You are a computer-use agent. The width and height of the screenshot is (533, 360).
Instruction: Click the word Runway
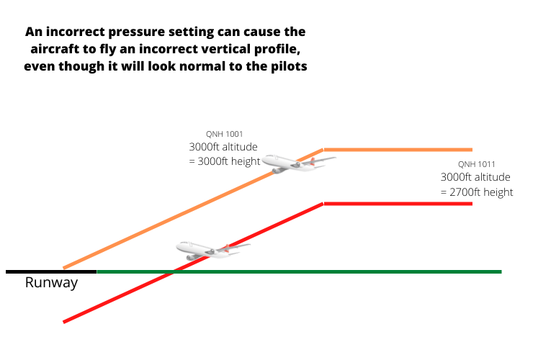pos(51,283)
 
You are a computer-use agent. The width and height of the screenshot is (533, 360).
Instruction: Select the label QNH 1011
pos(476,164)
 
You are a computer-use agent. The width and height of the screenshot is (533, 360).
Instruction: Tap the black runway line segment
pos(51,271)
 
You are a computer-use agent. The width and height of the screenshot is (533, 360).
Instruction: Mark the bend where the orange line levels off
pos(323,150)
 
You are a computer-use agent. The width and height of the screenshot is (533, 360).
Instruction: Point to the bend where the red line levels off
pos(323,204)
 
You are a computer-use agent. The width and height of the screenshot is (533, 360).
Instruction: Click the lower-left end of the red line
pos(65,321)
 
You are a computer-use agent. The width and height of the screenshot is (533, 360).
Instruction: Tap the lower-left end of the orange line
pos(65,268)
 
